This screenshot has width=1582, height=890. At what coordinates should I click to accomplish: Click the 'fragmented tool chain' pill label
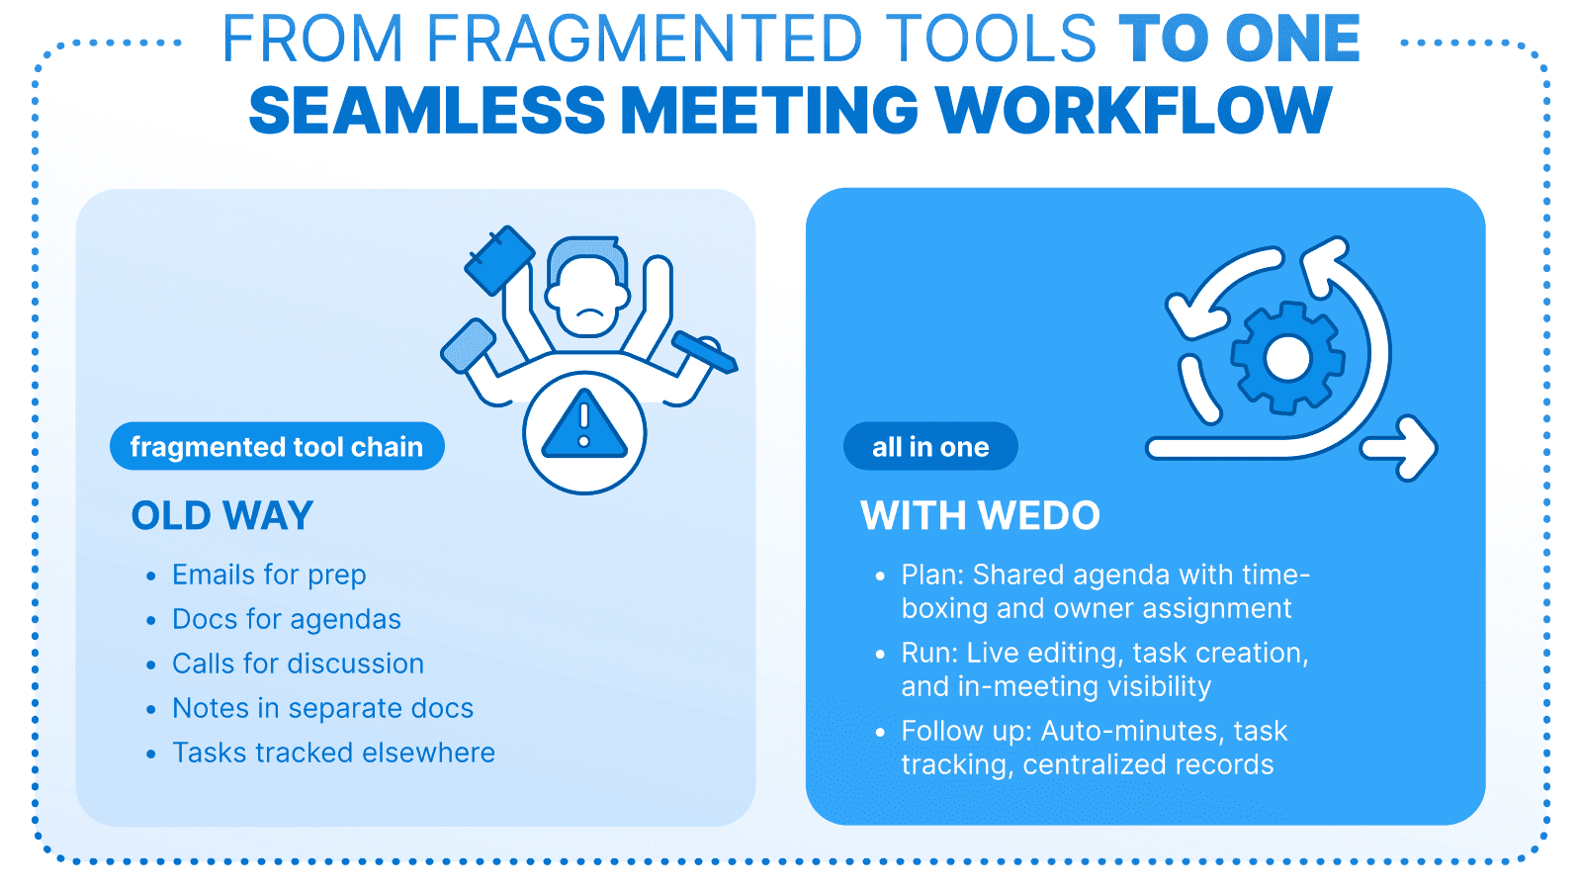pos(277,447)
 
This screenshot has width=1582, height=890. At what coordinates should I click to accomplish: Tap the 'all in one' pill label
pos(930,447)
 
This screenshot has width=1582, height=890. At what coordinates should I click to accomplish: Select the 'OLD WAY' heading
pos(222,516)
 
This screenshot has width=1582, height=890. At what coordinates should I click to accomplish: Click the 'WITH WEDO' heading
pos(980,516)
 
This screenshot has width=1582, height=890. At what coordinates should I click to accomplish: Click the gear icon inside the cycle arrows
pos(1286,357)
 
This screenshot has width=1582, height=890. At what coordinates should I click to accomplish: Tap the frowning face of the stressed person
pos(589,298)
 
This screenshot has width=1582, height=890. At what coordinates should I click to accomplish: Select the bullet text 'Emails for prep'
pos(269,575)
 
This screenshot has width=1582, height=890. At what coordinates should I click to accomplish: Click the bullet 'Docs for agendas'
pos(287,619)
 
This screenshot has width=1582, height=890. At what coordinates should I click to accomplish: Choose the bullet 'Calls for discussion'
pos(298,664)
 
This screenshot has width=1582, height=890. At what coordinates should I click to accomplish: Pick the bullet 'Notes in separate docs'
pos(322,708)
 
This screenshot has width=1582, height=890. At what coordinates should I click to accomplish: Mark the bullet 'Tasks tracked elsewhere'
pos(333,753)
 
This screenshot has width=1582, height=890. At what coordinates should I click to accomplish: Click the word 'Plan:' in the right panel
pos(932,575)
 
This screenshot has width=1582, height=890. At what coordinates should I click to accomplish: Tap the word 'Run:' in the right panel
pos(929,653)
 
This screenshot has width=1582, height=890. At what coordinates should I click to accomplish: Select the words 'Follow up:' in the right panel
pos(966,731)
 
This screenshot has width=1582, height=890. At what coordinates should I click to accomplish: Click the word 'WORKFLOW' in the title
pos(1133,110)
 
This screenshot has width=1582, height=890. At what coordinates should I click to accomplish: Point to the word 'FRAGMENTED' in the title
pos(645,40)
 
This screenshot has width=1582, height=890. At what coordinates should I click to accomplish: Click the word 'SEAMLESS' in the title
pos(426,110)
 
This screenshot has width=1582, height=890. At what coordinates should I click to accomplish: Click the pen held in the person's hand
pos(704,352)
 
